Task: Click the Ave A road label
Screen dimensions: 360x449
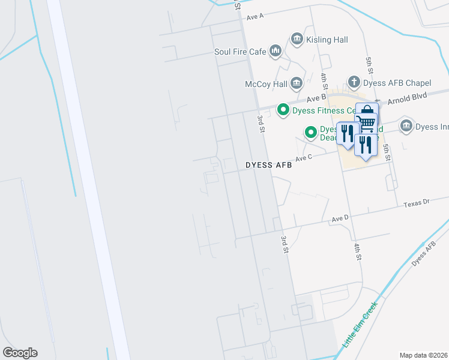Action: [255, 16]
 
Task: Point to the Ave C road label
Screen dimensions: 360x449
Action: [303, 158]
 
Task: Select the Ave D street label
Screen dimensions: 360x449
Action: [340, 218]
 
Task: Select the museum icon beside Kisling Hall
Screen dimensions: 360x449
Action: [297, 40]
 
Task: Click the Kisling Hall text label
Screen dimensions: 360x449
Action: [327, 40]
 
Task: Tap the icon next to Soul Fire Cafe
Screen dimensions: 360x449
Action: [276, 52]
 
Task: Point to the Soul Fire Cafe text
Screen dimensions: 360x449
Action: [240, 52]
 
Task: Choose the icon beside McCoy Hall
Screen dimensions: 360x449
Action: [296, 83]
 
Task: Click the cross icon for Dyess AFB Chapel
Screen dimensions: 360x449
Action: [354, 82]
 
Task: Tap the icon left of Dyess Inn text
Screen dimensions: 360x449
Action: [406, 126]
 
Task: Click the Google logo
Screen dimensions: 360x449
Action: [20, 353]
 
